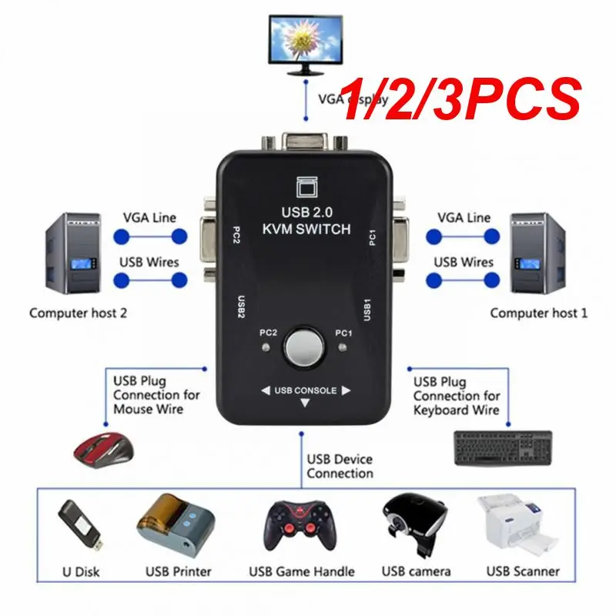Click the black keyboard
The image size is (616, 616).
coord(503,446)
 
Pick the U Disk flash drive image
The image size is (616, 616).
coord(78,527)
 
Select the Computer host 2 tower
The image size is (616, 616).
coord(75,253)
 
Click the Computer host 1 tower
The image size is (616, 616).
coord(541,253)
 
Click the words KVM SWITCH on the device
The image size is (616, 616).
coord(306,229)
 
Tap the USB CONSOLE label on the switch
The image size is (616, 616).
coord(306,390)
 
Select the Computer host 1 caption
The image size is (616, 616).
coord(538,313)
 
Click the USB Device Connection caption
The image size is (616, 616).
coord(339,467)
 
